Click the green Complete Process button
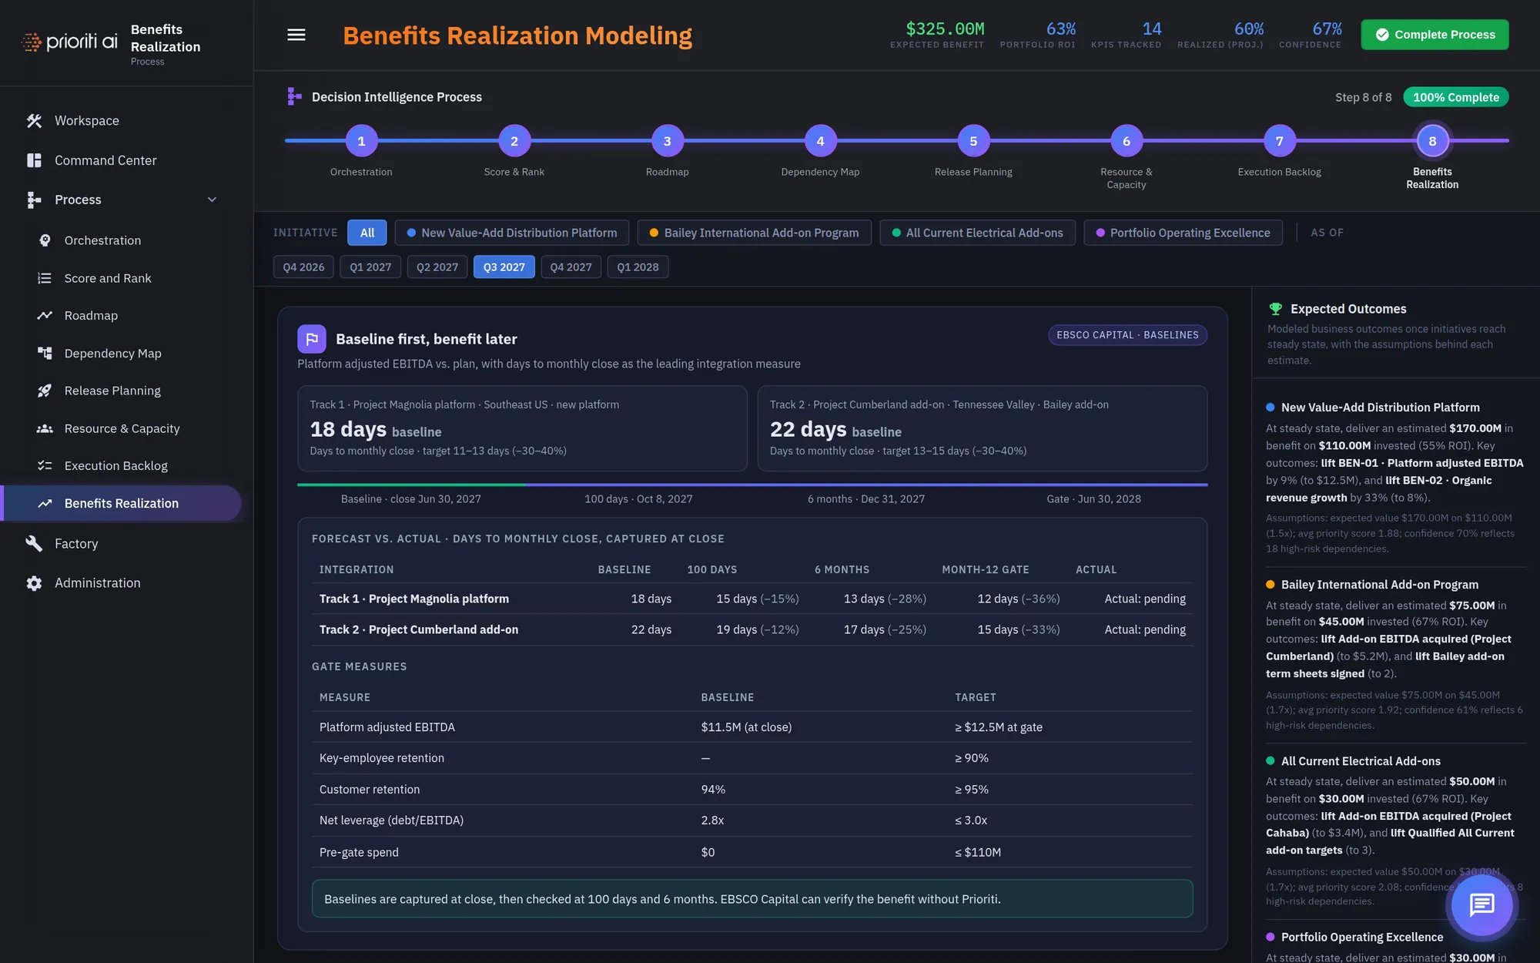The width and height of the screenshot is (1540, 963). coord(1435,35)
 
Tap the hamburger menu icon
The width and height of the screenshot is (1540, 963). coord(296,35)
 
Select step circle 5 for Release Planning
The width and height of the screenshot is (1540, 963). coord(973,141)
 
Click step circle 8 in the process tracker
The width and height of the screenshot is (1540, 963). coord(1432,141)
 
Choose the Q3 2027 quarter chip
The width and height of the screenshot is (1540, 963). coord(504,267)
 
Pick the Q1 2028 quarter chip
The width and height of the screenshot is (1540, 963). coord(638,267)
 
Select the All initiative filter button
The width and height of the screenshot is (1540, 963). coord(367,233)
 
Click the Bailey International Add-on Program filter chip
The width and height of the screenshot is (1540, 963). coord(754,233)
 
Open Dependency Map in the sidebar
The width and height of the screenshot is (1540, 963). coord(113,353)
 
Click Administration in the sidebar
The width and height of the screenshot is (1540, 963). coord(98,583)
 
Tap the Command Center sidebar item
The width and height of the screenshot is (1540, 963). coord(105,160)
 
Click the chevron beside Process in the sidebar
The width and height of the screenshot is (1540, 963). coord(212,200)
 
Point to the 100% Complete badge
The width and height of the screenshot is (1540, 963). coord(1455,97)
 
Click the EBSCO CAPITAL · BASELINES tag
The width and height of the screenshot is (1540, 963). coord(1127,335)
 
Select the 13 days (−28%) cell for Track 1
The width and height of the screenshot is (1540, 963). coord(885,599)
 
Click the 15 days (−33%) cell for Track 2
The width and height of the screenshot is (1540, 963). coord(1019,629)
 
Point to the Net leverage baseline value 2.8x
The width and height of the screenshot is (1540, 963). coord(712,820)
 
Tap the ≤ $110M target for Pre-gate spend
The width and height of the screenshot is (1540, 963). coord(978,852)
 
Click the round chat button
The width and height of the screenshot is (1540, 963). coord(1481,904)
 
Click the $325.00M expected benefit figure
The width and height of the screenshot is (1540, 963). coord(945,29)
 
